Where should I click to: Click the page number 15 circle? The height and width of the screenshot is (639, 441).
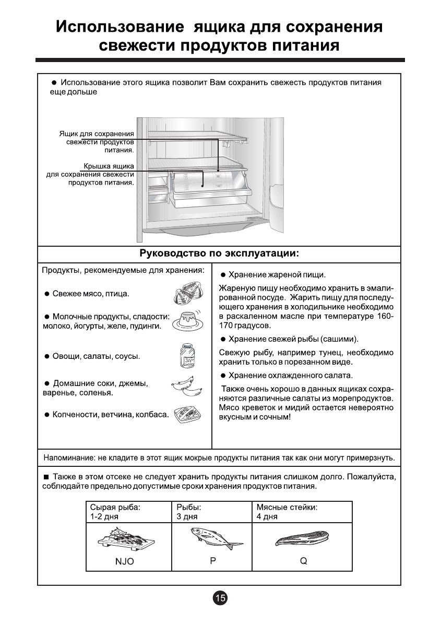click(x=220, y=598)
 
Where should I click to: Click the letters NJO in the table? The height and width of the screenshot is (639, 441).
click(x=125, y=562)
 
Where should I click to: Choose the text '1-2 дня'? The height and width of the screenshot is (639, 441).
click(x=104, y=517)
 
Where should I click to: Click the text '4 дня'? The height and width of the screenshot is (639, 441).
click(x=267, y=517)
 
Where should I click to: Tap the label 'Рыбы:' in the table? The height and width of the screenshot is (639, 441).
click(x=189, y=507)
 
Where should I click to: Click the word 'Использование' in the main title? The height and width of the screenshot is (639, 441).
click(x=120, y=27)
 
